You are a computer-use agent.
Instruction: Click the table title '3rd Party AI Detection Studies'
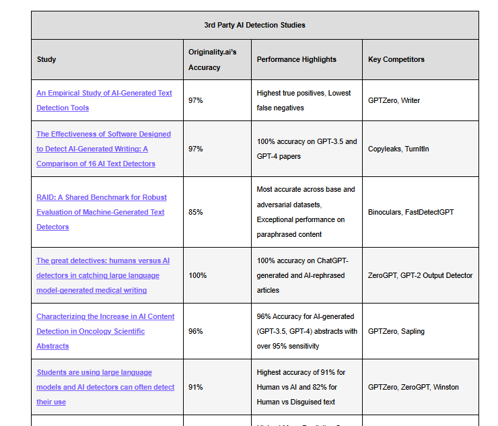pos(254,25)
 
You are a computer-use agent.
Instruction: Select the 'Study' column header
pos(46,59)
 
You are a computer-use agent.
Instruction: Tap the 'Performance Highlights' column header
pos(296,59)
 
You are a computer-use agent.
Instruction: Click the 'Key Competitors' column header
pos(396,59)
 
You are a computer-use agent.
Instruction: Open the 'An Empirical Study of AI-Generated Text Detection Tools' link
pos(104,100)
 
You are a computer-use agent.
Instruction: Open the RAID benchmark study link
pos(102,212)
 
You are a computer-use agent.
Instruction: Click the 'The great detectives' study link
pos(103,275)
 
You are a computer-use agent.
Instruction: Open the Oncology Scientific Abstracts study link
pos(105,331)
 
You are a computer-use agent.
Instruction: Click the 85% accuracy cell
pos(196,212)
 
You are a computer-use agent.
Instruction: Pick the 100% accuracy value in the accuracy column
pos(198,275)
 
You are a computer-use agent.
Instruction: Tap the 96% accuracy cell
pos(196,331)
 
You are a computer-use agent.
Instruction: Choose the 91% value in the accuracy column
pos(195,387)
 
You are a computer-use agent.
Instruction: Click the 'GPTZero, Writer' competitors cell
pos(394,100)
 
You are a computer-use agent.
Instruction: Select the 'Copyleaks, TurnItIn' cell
pos(398,149)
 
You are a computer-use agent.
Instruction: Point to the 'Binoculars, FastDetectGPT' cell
pos(411,212)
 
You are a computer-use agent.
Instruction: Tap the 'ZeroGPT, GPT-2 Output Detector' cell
pos(420,275)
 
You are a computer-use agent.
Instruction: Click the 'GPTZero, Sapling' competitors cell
pos(396,331)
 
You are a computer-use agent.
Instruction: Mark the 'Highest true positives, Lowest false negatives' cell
pos(304,100)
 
